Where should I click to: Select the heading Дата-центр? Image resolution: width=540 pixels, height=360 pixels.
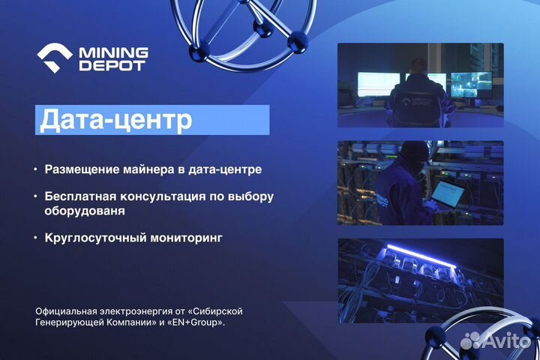(115, 120)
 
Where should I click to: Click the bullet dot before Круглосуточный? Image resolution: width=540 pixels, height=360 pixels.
(34, 238)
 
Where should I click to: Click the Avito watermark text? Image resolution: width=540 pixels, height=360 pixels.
(505, 340)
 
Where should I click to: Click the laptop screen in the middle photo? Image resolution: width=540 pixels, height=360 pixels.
(447, 194)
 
